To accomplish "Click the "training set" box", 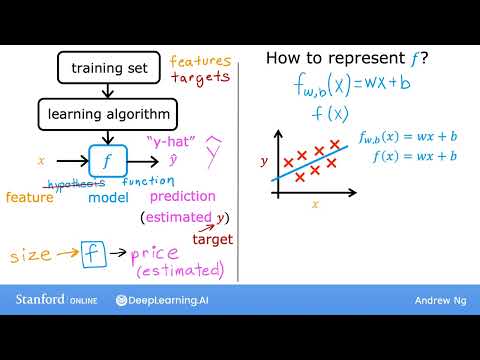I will (x=110, y=68).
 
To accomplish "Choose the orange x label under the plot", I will (x=315, y=204).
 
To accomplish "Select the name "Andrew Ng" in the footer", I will (x=438, y=300).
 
